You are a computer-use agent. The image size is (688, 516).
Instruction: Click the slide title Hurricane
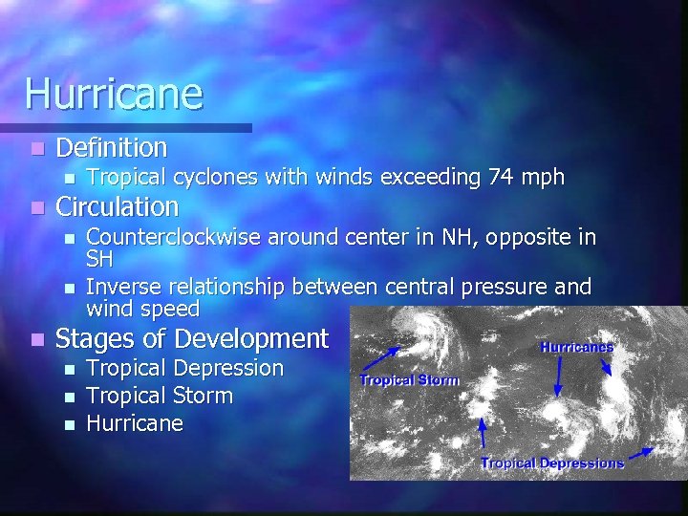point(114,94)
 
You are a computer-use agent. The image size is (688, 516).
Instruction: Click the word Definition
point(112,148)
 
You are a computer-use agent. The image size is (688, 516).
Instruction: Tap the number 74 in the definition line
point(501,178)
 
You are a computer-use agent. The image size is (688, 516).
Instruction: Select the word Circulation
point(118,206)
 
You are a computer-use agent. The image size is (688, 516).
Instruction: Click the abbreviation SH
point(99,259)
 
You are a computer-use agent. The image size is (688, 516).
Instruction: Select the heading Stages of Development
point(192,338)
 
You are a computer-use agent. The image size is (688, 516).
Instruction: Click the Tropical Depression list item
point(185,368)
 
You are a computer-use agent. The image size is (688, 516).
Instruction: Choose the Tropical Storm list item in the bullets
point(160,396)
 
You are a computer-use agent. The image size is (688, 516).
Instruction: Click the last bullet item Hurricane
point(135,423)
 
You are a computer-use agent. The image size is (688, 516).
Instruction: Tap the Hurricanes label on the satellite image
point(576,348)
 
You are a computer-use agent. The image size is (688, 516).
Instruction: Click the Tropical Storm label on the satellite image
point(409,380)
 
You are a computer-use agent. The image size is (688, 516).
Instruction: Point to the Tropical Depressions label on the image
point(552,463)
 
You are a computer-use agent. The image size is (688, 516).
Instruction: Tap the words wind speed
point(142,310)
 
